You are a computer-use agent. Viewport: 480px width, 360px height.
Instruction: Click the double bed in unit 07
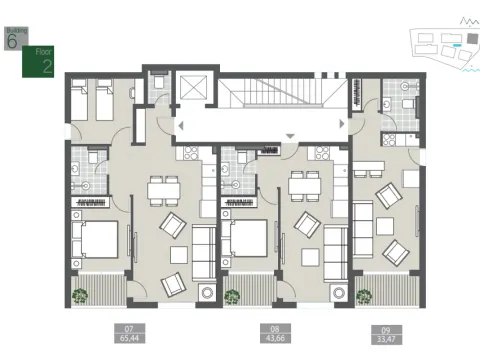click(95, 241)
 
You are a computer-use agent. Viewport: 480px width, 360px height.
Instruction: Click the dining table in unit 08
click(303, 186)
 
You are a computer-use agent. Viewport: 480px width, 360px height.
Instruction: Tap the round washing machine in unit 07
click(208, 294)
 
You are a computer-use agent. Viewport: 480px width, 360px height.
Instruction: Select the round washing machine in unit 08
click(340, 294)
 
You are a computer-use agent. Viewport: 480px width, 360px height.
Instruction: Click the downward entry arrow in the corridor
click(290, 136)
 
